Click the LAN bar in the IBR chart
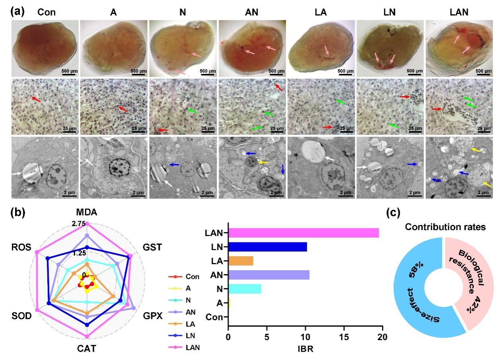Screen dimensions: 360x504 [x=303, y=233]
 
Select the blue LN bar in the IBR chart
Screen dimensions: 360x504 [x=268, y=247]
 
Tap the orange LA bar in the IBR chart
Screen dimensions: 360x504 [x=240, y=261]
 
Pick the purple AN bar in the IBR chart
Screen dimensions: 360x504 [x=269, y=275]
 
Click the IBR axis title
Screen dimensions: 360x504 [x=305, y=350]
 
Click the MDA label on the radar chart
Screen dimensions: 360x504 [x=87, y=213]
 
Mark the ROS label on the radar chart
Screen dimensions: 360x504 [x=19, y=247]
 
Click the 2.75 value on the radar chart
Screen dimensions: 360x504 [x=78, y=224]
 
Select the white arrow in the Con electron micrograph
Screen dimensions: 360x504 [x=17, y=174]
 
